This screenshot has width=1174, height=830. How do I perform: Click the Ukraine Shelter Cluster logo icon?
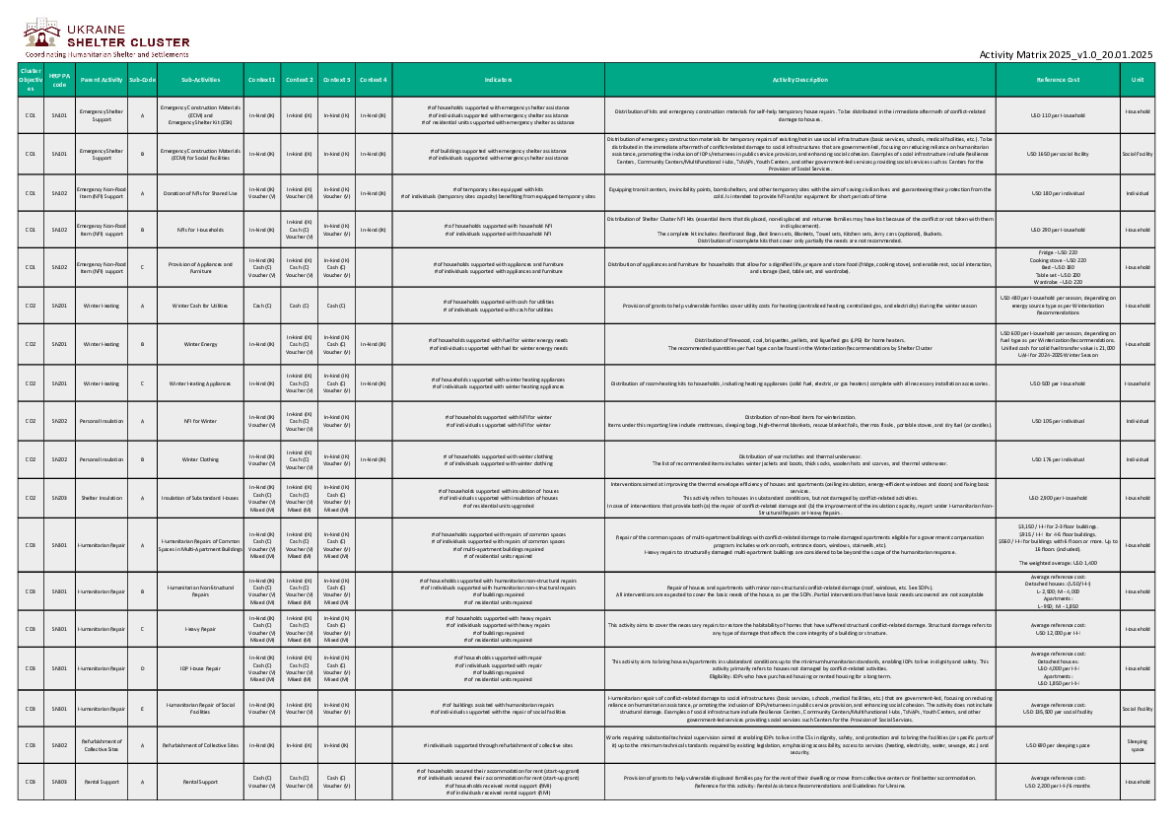point(42,37)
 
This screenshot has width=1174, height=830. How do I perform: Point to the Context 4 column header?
point(373,79)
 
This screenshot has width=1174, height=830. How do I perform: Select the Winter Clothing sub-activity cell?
point(200,459)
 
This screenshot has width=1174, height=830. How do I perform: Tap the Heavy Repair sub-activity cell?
point(200,627)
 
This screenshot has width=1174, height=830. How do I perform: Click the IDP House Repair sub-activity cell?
point(200,666)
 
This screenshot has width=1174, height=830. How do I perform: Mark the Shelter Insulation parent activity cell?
point(102,498)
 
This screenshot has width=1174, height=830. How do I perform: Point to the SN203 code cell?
point(59,498)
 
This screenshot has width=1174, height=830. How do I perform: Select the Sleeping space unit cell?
point(1138,745)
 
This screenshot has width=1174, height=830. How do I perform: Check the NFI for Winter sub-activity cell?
point(200,421)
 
